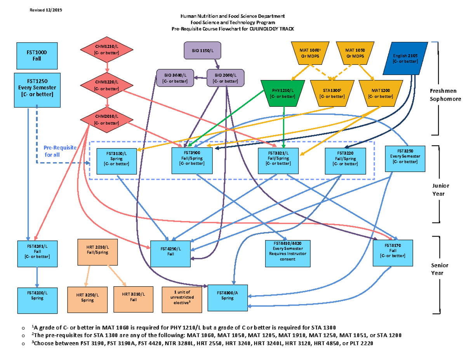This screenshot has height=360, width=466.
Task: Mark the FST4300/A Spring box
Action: coord(228,297)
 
